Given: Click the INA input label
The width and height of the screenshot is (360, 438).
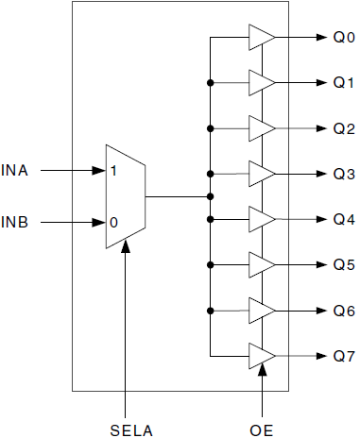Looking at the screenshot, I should [17, 172].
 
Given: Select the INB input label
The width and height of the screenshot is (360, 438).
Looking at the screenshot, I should [17, 224].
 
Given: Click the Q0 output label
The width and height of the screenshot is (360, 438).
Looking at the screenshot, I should [343, 39].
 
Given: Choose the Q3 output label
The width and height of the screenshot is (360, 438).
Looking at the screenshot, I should [343, 174].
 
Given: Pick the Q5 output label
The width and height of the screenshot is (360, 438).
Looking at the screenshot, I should [343, 264].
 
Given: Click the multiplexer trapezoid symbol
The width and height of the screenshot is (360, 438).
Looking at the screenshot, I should [125, 197].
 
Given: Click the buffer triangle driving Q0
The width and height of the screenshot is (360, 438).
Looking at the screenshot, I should [261, 38].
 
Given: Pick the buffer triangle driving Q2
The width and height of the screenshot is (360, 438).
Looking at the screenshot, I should [261, 128].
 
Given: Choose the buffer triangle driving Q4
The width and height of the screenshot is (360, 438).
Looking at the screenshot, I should [261, 218].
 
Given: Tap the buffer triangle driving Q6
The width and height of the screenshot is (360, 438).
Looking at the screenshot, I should [261, 309].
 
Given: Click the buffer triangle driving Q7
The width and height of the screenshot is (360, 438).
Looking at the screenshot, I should [261, 355].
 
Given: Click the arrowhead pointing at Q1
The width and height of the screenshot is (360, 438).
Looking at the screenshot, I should [318, 83].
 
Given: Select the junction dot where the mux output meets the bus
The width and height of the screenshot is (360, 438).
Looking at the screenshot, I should [209, 197].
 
